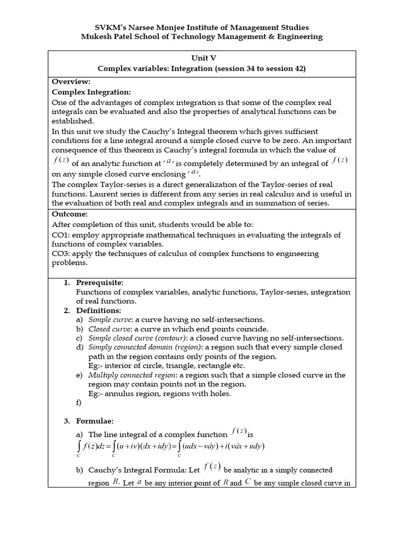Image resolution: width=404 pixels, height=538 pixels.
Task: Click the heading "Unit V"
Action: (x=201, y=59)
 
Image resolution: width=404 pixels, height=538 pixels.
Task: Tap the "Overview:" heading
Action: (x=71, y=81)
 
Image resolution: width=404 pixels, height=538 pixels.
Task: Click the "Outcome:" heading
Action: (x=69, y=214)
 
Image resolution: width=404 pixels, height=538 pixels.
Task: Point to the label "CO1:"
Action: (x=61, y=234)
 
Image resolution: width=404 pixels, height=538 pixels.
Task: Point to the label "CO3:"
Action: (x=61, y=254)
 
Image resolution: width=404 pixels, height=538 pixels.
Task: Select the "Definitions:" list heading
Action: (x=98, y=311)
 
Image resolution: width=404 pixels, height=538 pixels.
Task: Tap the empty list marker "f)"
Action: (x=79, y=402)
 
